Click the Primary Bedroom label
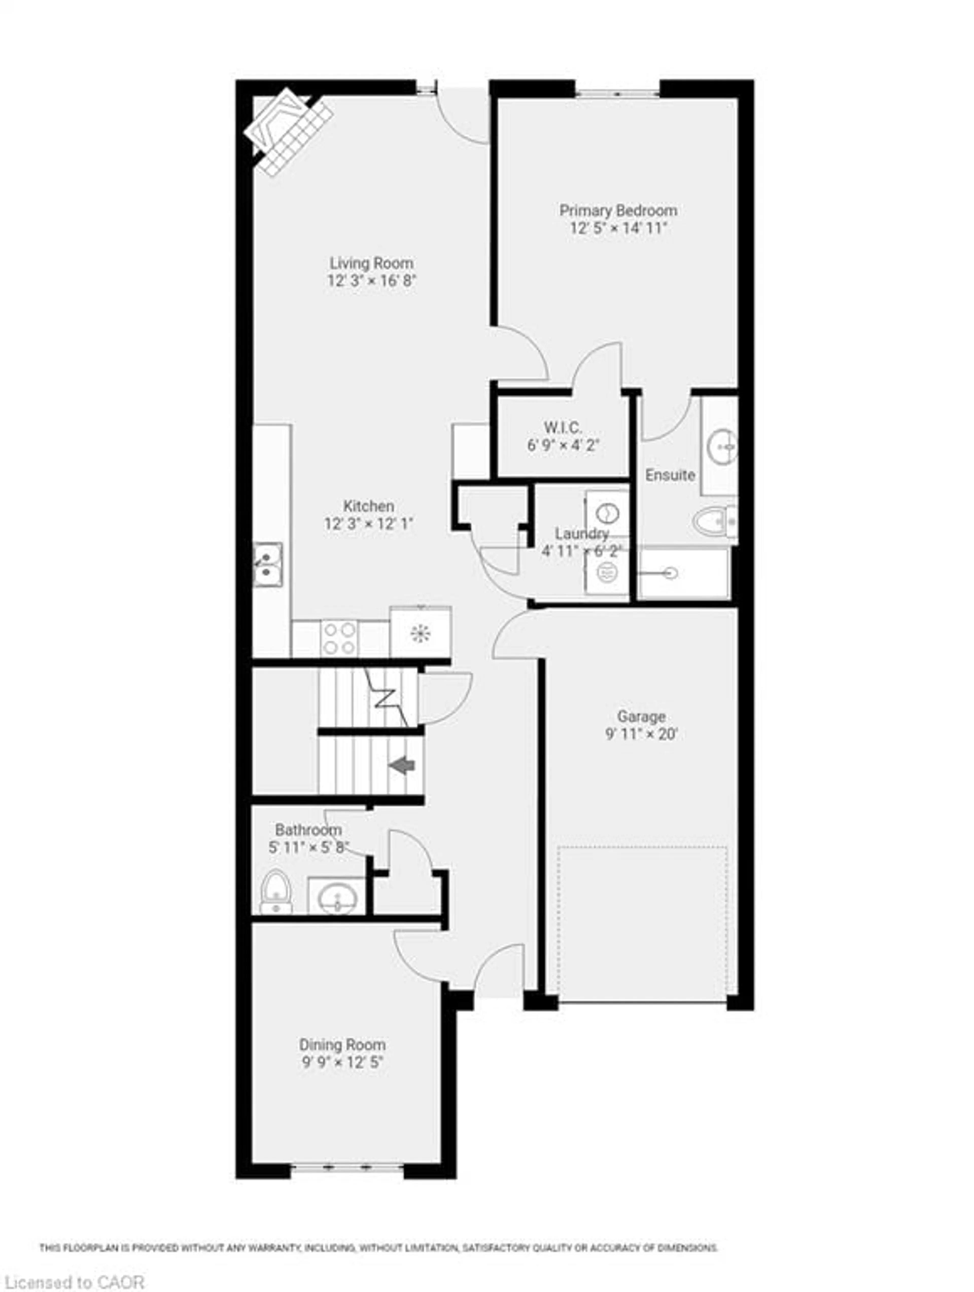coord(618,210)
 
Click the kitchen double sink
coord(267,564)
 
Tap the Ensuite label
coord(670,475)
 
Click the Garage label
coord(641,716)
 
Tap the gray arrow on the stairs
coord(402,765)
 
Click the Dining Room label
coord(342,1044)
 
